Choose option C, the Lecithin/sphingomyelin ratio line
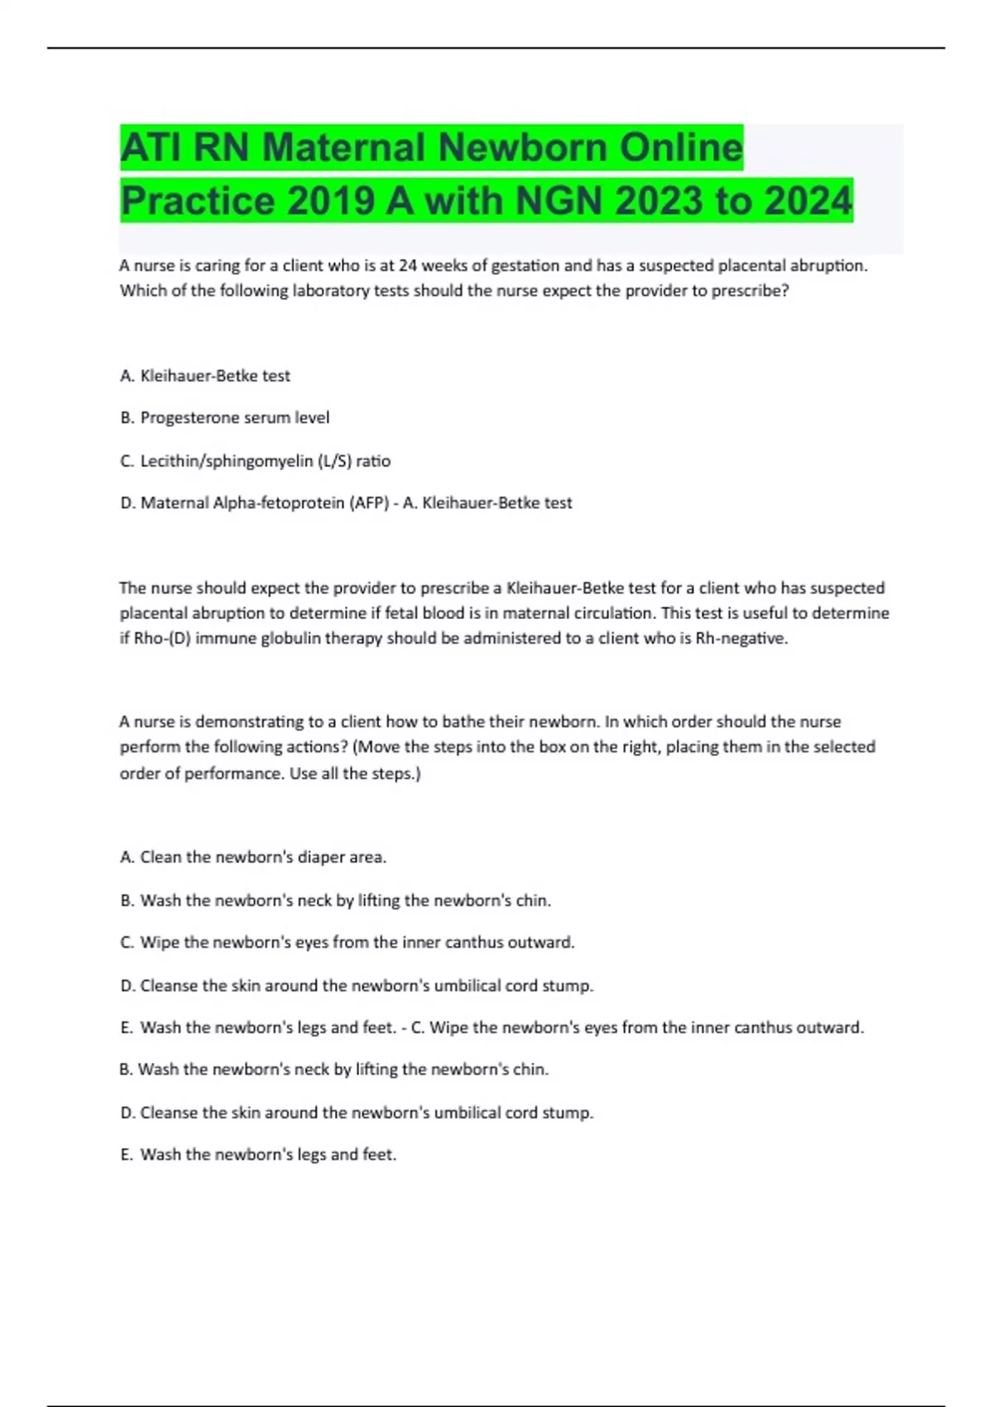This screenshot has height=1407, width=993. click(256, 461)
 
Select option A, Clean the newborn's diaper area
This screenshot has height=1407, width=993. click(253, 857)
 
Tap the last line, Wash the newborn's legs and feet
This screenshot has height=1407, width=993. click(259, 1155)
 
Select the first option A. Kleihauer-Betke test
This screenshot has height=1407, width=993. click(205, 376)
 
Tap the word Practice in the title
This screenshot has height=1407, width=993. click(197, 201)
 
